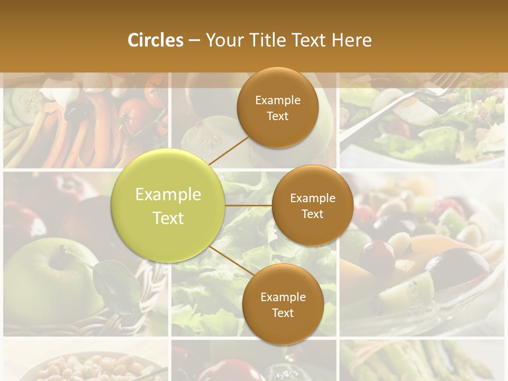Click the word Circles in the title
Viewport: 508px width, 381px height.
coord(155,40)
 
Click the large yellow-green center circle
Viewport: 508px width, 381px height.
coord(168,205)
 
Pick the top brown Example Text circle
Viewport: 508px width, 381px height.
coord(278,107)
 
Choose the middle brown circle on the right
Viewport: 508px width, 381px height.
coord(313,205)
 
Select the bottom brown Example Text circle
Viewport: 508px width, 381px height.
coord(283,304)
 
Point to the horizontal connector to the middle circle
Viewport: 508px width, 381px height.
coord(249,205)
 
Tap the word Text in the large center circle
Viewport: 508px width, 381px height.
coord(168,217)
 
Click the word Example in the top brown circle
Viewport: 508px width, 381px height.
coord(278,101)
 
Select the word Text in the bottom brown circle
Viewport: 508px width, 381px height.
coord(283,313)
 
